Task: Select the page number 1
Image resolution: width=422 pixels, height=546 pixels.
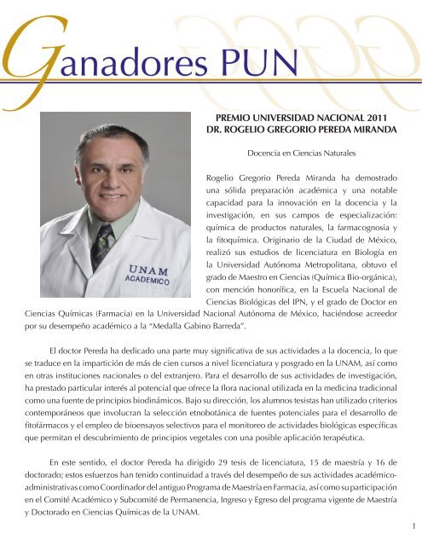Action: (412, 527)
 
